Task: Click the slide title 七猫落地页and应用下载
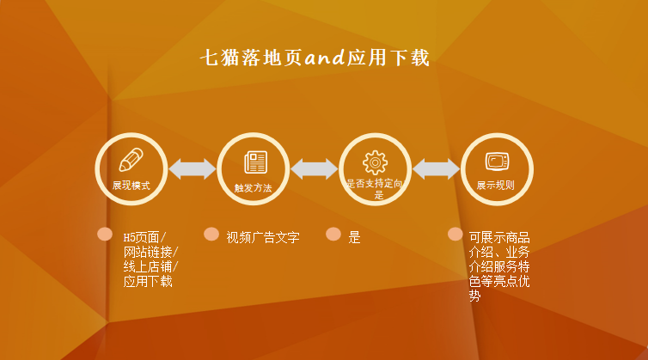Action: (x=315, y=58)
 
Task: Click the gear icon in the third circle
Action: (x=376, y=162)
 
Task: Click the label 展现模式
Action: (x=131, y=186)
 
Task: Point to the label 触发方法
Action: (x=253, y=187)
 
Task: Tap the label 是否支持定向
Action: (x=375, y=184)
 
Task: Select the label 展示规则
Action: (x=496, y=186)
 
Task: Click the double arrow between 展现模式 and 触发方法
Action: (x=192, y=169)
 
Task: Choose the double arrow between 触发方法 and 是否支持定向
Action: (x=315, y=169)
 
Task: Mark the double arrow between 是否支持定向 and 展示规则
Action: (x=437, y=169)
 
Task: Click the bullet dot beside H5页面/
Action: (x=105, y=234)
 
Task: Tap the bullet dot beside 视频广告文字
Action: (x=211, y=234)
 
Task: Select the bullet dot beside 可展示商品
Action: (x=455, y=234)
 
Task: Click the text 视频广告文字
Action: (x=263, y=238)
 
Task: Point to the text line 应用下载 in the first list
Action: (x=148, y=281)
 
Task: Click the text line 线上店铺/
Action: (x=150, y=266)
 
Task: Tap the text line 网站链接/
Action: (x=150, y=252)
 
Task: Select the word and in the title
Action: (x=325, y=58)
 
